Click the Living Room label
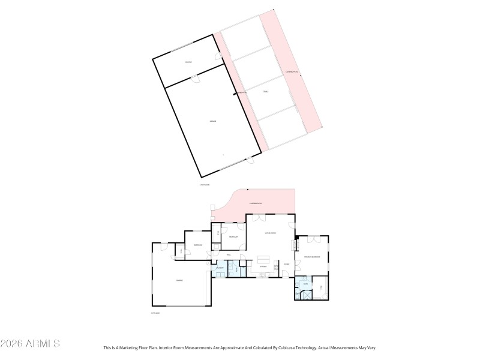point(271,233)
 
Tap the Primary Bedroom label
point(312,257)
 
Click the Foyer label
point(287,264)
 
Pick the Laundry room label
point(220,268)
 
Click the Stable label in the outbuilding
point(265,91)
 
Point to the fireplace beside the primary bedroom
point(296,245)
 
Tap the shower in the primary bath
point(305,294)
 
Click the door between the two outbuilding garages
point(195,77)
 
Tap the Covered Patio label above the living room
point(256,204)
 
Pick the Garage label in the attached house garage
point(179,280)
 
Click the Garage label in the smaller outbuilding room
point(187,62)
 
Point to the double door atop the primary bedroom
point(312,238)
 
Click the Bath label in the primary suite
point(305,284)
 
